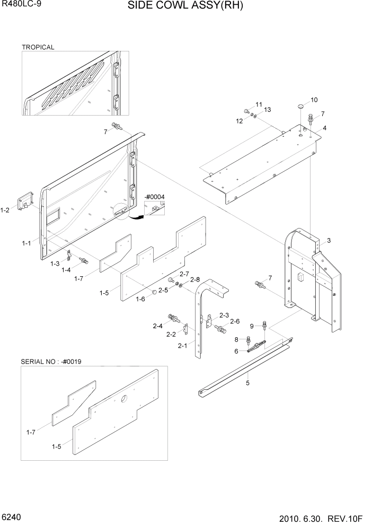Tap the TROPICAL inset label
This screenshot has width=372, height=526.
click(38, 47)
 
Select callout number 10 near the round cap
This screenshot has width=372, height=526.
click(314, 100)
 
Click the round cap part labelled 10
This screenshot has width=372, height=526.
click(300, 107)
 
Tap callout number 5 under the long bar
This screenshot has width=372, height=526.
click(247, 381)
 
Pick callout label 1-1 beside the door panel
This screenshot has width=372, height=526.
click(26, 243)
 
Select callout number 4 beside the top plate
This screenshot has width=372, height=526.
click(324, 128)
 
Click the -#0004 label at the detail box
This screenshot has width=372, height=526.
click(154, 197)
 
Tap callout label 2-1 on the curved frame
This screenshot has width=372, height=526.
click(182, 346)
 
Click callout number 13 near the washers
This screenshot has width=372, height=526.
click(267, 110)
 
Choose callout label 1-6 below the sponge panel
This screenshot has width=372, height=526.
click(140, 299)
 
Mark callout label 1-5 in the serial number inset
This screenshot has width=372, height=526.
click(56, 446)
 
